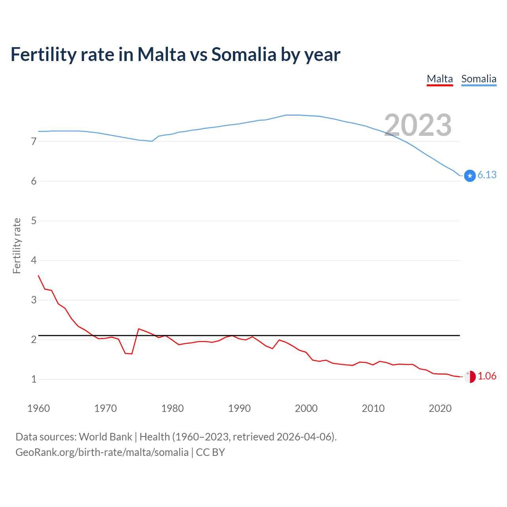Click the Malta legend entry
coord(440,79)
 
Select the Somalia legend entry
coord(478,79)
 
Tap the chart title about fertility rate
coord(175,54)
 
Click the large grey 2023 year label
coord(418,125)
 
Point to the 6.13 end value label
coord(487,175)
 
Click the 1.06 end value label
coord(487,376)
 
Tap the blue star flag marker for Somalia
coord(470,175)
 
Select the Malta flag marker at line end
coord(470,377)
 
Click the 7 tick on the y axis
coord(34,141)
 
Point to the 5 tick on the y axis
coord(34,221)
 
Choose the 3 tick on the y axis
coord(34,300)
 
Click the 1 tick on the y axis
coord(34,379)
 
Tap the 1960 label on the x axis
coord(38,408)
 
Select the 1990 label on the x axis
coord(239,408)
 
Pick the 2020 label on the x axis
coord(440,408)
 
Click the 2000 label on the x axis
coord(306,408)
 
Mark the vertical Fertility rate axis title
coord(17,246)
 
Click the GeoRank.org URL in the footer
coord(102,452)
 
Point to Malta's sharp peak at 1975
coord(139,329)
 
